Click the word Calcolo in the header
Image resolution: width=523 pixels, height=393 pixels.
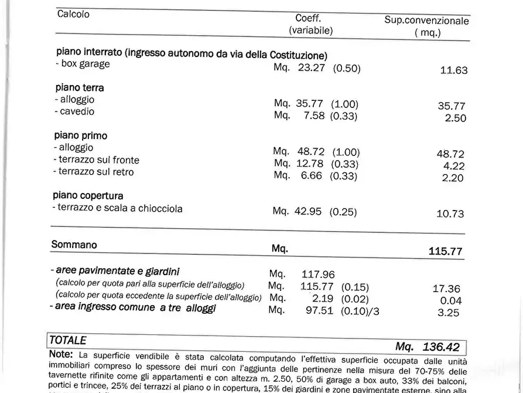click(73, 14)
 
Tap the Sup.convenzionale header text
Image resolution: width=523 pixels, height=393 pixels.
click(426, 21)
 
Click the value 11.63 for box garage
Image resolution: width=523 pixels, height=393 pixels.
click(454, 70)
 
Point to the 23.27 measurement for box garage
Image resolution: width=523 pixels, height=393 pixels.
click(310, 67)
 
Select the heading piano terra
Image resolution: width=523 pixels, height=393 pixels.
click(80, 87)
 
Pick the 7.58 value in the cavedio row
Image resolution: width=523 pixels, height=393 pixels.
click(315, 115)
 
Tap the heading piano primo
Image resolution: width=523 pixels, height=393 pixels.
click(81, 135)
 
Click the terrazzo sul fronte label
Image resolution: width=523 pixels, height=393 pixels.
click(97, 160)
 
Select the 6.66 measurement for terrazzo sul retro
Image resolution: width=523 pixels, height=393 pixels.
click(310, 175)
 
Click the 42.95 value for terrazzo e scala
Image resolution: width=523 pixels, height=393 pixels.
click(308, 211)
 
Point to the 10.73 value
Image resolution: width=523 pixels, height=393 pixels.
click(450, 214)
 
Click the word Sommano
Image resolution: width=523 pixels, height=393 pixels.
click(74, 245)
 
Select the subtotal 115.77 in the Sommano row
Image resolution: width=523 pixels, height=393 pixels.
click(445, 251)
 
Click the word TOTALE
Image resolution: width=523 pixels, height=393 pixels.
click(68, 340)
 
